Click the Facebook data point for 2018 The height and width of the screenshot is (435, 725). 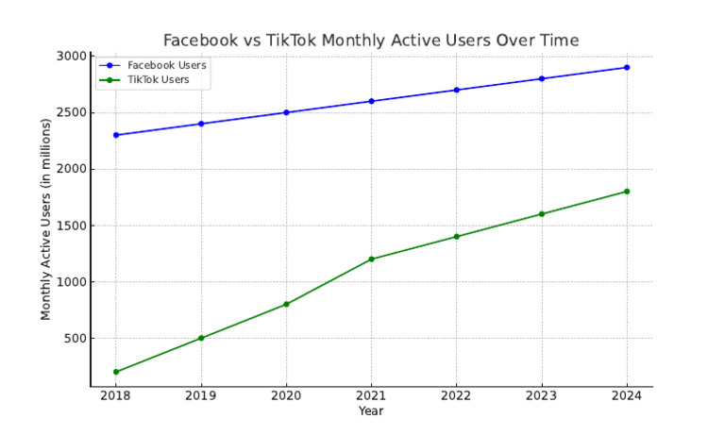point(116,135)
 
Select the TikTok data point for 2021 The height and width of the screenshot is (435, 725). point(371,259)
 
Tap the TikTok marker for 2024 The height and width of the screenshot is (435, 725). point(626,192)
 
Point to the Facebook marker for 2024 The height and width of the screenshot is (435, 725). point(626,67)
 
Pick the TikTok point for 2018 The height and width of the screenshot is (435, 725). point(116,372)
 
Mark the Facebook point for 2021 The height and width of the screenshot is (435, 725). point(371,101)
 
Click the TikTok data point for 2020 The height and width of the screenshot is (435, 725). point(286,304)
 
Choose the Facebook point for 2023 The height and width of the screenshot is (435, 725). point(541,78)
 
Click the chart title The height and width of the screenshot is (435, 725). point(371,40)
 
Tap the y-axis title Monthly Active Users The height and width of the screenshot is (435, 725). point(45,219)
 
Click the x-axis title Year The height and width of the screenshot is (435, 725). point(371,410)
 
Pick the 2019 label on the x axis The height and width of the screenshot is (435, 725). point(201,396)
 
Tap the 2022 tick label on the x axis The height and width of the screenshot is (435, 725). point(456,396)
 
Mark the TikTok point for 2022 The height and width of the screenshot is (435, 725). point(456,237)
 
